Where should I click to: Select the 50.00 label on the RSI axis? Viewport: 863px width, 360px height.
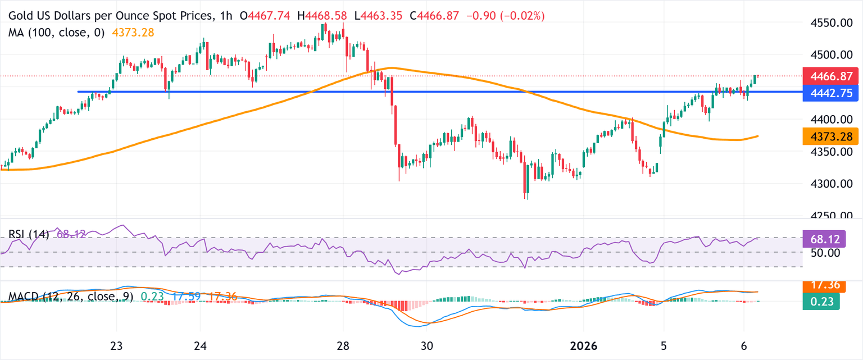pyautogui.click(x=823, y=253)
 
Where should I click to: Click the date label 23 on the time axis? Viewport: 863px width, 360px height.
pyautogui.click(x=116, y=345)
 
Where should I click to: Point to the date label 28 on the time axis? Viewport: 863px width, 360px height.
pyautogui.click(x=343, y=345)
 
